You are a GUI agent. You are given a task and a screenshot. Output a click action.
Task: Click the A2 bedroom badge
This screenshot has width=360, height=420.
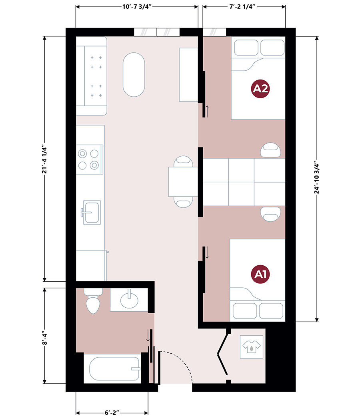(260, 89)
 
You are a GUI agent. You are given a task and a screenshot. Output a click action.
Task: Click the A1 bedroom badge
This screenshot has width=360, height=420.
(260, 274)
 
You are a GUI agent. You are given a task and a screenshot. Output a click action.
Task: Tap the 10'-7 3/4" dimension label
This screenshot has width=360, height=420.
(137, 7)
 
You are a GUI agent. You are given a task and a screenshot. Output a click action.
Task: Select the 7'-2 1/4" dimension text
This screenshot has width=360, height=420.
(241, 7)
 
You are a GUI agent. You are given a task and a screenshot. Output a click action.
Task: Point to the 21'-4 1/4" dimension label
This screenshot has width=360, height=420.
(44, 160)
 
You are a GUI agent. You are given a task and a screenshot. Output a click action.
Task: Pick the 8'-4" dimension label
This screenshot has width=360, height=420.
(44, 339)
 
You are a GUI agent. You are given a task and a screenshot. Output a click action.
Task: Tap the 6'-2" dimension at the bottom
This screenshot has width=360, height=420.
(112, 413)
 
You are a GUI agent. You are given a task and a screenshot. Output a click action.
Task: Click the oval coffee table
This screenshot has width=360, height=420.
(134, 75)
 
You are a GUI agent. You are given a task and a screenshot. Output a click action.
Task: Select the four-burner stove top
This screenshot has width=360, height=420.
(90, 159)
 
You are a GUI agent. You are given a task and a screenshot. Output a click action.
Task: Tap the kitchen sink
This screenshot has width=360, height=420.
(91, 213)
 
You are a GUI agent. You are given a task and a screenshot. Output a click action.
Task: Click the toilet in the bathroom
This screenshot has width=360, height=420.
(93, 301)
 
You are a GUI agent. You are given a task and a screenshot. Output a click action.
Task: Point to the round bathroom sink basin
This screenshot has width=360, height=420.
(129, 299)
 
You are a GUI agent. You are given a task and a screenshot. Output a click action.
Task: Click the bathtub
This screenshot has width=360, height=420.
(114, 368)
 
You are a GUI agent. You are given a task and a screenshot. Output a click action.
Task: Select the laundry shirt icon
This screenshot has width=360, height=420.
(252, 346)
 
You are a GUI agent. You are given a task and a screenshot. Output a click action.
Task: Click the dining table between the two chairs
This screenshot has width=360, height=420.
(183, 181)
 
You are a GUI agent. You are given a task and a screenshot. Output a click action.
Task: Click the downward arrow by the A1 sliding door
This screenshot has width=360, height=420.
(207, 253)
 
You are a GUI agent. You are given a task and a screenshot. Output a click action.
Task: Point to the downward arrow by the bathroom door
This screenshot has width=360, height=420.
(148, 335)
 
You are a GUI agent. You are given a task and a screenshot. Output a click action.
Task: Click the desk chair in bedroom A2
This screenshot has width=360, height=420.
(270, 150)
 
